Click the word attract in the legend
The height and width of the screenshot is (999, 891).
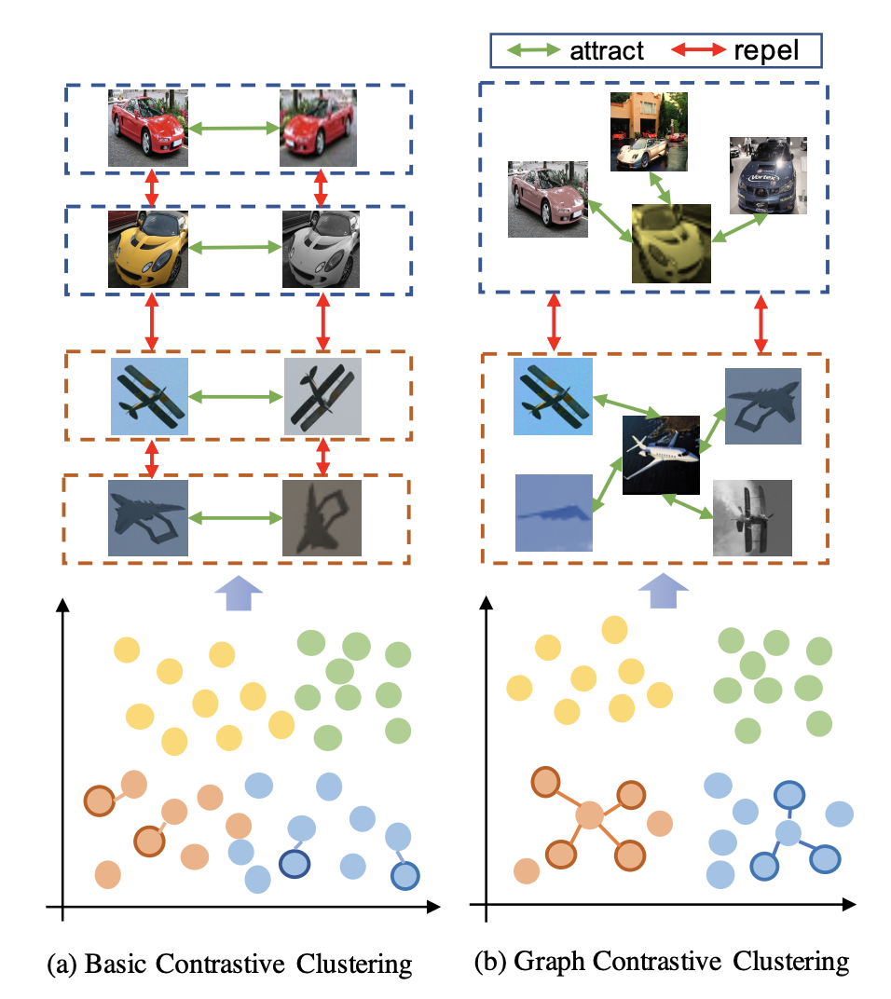pos(606,50)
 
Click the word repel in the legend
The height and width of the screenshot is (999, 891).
pos(766,50)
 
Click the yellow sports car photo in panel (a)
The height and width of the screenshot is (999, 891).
pos(148,248)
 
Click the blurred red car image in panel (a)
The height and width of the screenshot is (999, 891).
pos(319,128)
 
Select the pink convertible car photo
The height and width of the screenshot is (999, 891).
pos(546,198)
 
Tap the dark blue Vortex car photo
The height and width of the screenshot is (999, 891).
pos(769,175)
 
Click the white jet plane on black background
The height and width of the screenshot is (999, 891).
pos(661,454)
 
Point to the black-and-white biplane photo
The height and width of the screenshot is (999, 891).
pos(751,517)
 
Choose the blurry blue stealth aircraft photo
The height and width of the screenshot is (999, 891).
pos(554,513)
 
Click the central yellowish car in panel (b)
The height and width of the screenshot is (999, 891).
pos(671,244)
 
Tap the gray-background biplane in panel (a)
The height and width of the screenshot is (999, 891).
pos(322,396)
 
